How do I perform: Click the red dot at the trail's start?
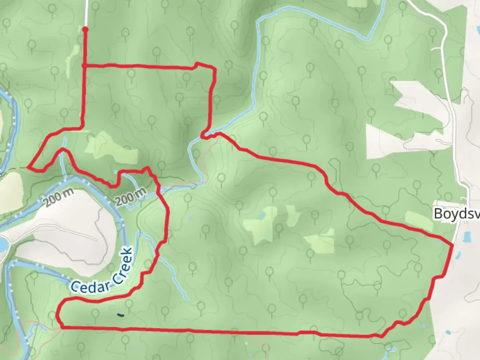pos(85,29)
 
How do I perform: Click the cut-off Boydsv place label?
pos(457,213)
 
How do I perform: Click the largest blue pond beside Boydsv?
pos(467,237)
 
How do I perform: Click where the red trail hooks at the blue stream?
pos(203,135)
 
